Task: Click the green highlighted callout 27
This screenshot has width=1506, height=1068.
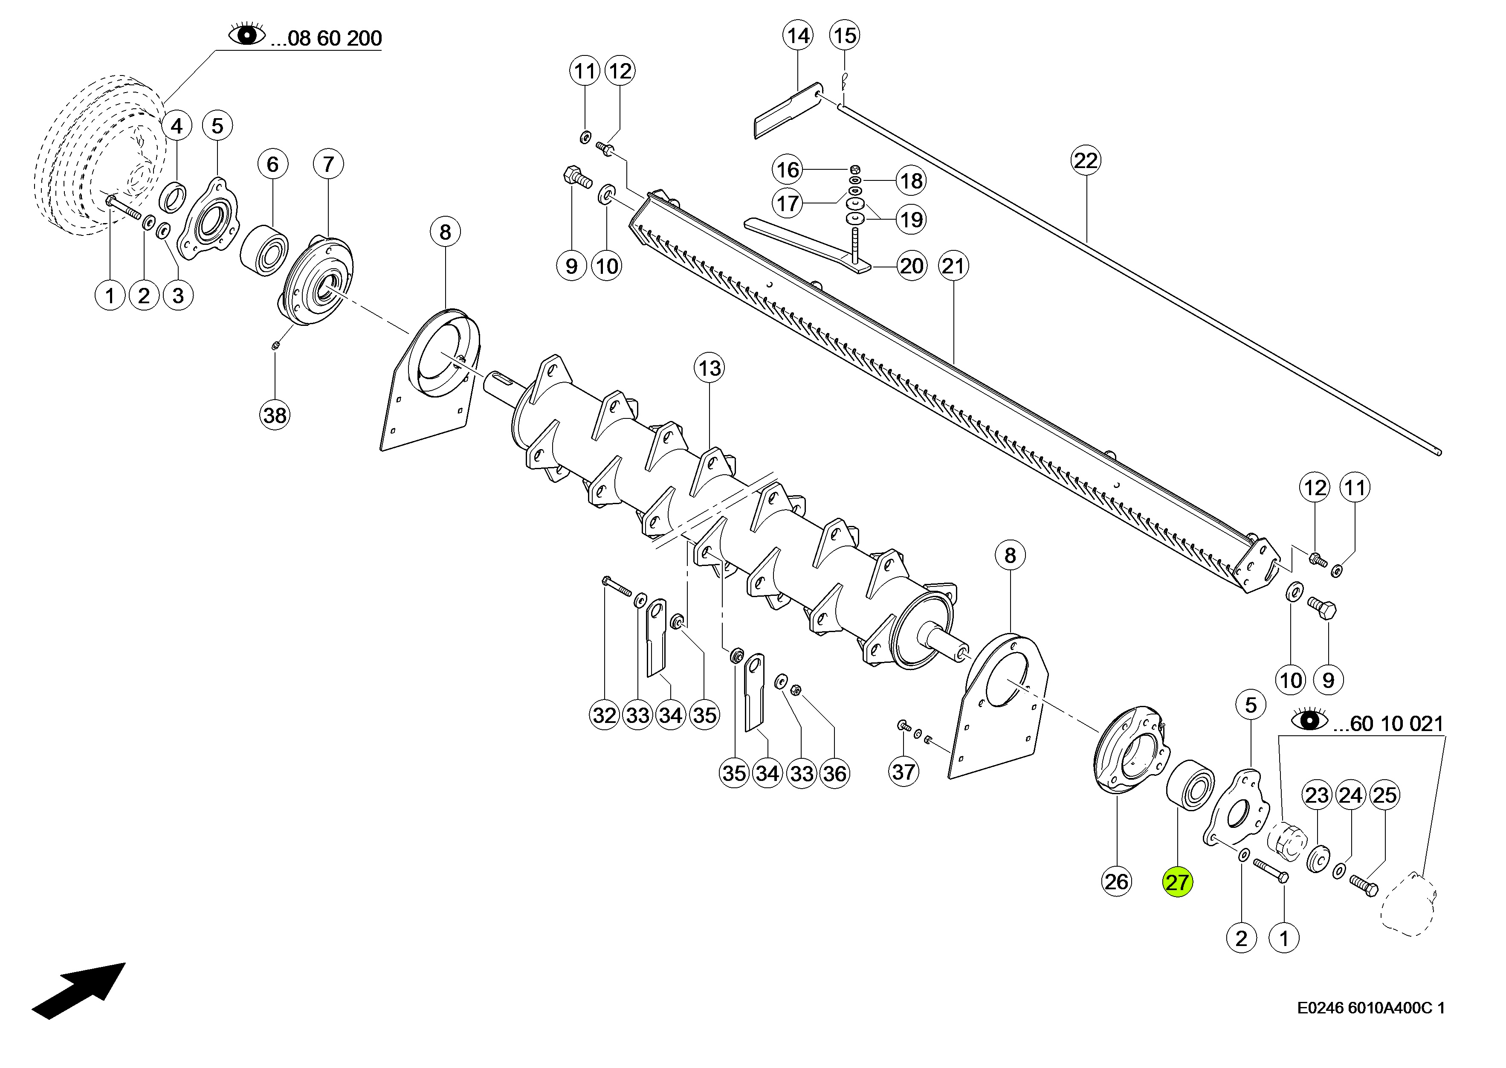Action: click(x=1177, y=882)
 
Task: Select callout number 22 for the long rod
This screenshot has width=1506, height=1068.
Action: click(x=1085, y=160)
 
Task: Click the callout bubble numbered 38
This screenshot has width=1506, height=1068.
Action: click(x=275, y=415)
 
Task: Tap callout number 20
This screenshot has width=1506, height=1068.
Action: click(x=911, y=266)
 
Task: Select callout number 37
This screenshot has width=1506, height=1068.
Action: click(x=904, y=772)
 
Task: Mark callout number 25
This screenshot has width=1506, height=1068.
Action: click(x=1384, y=795)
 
